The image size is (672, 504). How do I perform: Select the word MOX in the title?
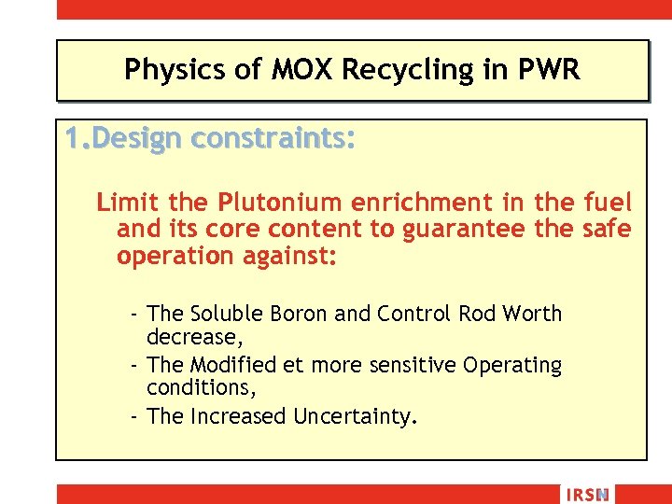tap(291, 70)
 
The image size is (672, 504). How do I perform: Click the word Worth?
tap(531, 314)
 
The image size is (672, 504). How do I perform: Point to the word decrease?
tap(188, 335)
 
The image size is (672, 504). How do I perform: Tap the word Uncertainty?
tap(353, 416)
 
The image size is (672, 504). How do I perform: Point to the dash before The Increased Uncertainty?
tap(135, 416)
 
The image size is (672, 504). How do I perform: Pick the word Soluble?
tap(228, 314)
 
